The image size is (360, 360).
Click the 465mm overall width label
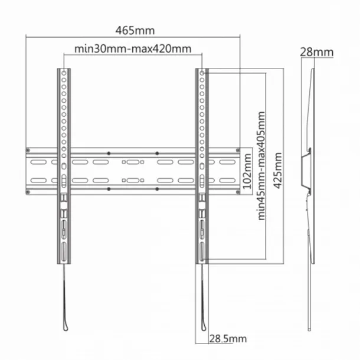click(x=135, y=31)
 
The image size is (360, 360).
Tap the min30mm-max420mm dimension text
click(x=133, y=49)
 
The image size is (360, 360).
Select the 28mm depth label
click(x=316, y=52)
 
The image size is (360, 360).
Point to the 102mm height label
click(x=247, y=171)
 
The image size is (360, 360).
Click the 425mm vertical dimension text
click(x=278, y=171)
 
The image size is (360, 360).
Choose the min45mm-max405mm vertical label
click(x=261, y=166)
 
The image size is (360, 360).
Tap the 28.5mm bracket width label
click(x=228, y=339)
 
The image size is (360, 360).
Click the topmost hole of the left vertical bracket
click(x=64, y=73)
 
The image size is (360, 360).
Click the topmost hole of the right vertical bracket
click(x=202, y=73)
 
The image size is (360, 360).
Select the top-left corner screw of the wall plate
click(x=28, y=150)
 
